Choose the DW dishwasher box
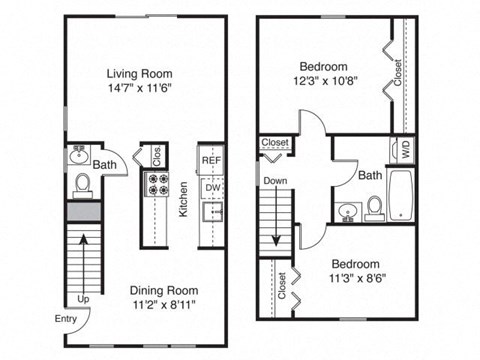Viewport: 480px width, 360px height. click(211, 185)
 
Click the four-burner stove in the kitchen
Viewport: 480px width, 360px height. click(158, 184)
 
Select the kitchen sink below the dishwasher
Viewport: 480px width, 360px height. click(211, 211)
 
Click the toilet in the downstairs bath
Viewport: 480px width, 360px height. click(83, 185)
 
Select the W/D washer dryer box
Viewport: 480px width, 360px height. click(405, 152)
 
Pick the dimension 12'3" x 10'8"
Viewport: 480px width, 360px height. click(325, 81)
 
